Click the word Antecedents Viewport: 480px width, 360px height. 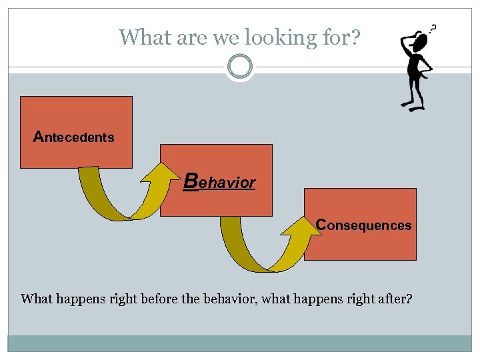74,137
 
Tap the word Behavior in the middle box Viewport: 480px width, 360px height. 219,182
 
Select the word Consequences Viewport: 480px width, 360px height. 363,225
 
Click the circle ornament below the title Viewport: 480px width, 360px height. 239,67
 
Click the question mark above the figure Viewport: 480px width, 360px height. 435,28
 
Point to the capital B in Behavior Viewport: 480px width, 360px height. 191,181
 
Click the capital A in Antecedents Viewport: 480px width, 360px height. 39,137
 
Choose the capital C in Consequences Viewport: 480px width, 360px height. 321,225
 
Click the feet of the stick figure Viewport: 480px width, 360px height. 412,105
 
